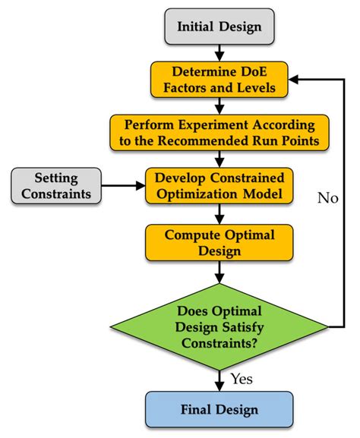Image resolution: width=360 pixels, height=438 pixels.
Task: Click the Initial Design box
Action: pos(219,27)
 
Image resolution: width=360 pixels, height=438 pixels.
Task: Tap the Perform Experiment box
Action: pos(219,131)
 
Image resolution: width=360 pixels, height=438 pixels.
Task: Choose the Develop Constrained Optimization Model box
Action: pos(219,184)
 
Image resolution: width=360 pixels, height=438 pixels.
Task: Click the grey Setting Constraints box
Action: pos(55,184)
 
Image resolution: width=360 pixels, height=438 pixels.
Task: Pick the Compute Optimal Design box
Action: pos(219,241)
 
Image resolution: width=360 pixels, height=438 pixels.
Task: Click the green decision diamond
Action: pos(219,326)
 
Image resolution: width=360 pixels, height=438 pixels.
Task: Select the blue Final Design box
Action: pos(219,410)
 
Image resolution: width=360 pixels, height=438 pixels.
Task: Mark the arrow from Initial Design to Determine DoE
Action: pos(219,52)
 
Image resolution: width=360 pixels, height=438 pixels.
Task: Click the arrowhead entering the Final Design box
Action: pos(219,386)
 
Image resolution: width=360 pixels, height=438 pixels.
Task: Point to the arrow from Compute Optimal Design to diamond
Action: pos(219,270)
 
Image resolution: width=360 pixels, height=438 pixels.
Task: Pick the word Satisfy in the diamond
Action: pos(235,326)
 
